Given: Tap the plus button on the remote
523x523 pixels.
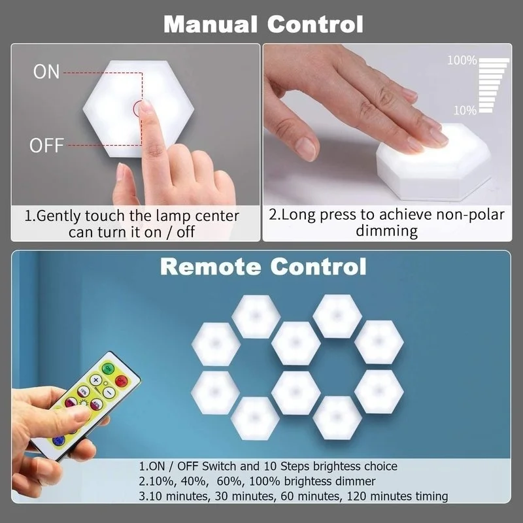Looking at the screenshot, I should coord(95,379).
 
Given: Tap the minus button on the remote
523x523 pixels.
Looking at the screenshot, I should coord(110,393).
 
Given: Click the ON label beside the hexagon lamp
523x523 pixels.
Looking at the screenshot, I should coord(46,72).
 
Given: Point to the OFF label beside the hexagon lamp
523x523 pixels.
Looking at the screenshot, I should coord(47,144).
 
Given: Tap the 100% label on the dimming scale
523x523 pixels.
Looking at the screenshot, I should coord(462,61).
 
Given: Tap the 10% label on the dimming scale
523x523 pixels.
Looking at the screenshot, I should coord(464,110).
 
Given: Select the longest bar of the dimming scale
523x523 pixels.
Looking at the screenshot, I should coord(494,61).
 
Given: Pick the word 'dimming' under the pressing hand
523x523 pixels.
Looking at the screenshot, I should coord(386,230).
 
